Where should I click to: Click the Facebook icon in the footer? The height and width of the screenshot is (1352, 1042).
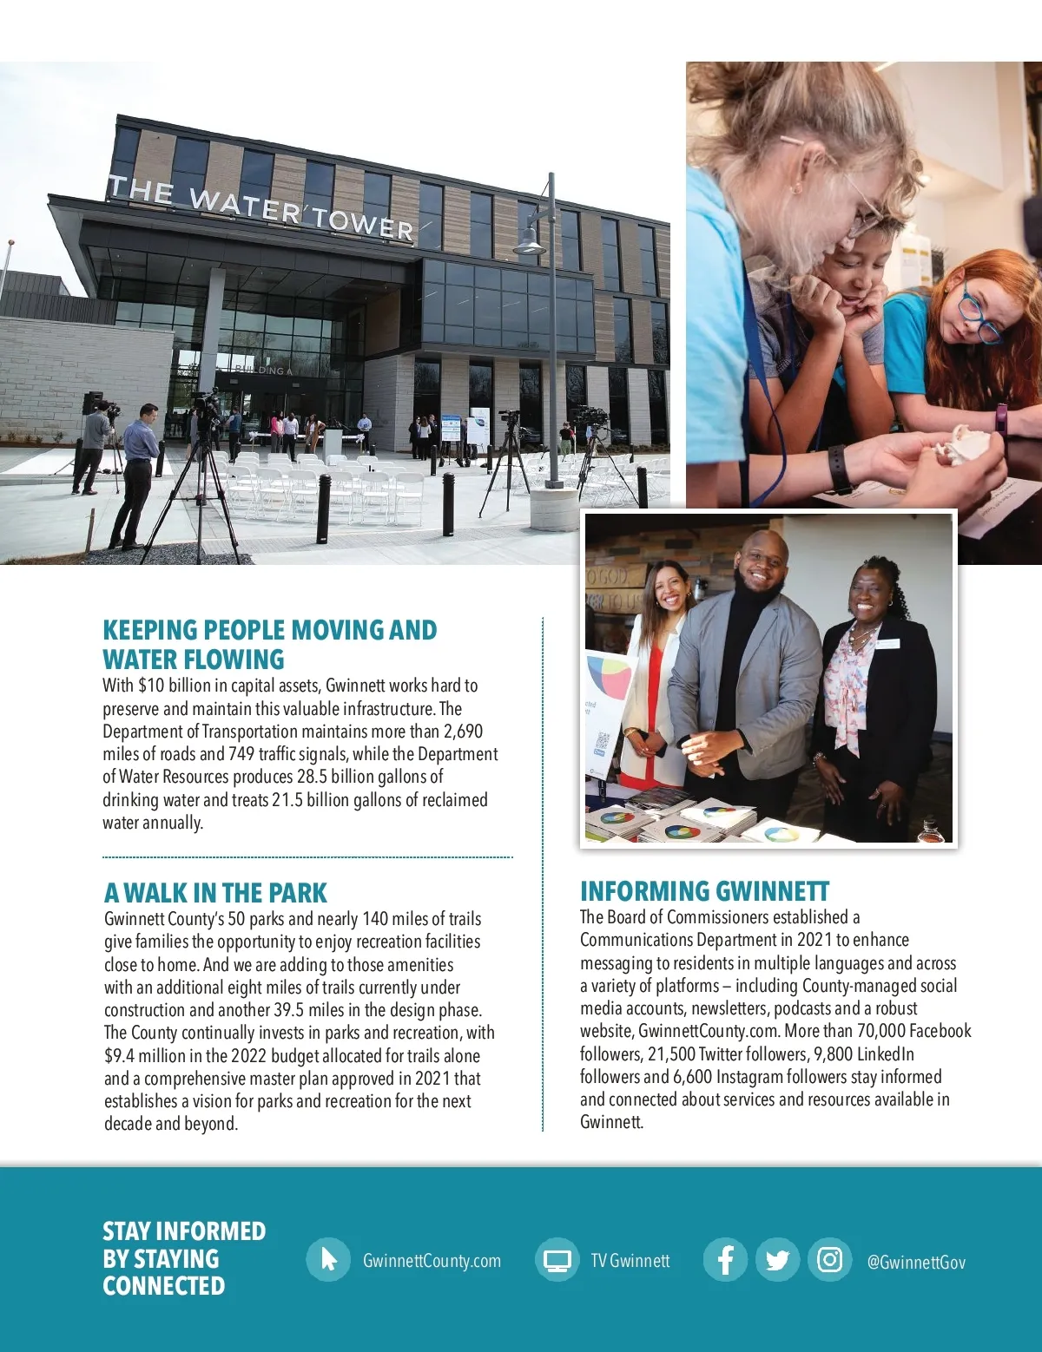click(725, 1259)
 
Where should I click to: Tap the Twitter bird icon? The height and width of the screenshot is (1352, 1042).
click(777, 1260)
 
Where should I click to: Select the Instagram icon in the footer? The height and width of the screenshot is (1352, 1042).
click(829, 1259)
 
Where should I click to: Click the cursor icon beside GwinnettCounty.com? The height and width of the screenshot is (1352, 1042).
click(328, 1259)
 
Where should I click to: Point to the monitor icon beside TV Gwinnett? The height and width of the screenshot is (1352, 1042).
click(557, 1260)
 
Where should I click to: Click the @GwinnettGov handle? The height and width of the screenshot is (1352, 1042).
click(916, 1263)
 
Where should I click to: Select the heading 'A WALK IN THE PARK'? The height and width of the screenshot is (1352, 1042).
click(215, 893)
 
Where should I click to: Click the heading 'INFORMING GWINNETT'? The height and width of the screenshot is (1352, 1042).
click(704, 891)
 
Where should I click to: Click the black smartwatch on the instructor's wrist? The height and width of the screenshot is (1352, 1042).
click(840, 469)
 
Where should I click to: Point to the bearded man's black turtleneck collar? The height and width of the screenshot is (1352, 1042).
click(754, 599)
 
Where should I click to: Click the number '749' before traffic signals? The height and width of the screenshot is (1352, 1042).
click(241, 754)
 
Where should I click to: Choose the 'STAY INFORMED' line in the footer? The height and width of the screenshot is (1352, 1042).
click(184, 1231)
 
